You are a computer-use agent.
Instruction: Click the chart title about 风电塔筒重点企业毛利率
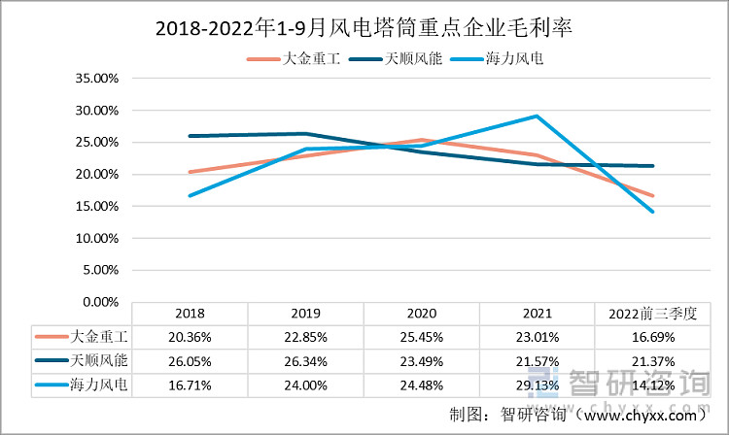(x=364, y=28)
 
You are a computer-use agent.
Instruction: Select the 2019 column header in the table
(x=305, y=314)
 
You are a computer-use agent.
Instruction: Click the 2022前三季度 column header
(x=653, y=314)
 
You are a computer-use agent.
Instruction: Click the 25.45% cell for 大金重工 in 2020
(x=421, y=337)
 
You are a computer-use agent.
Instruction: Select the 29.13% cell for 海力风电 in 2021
(x=537, y=385)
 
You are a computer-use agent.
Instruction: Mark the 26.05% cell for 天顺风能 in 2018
(x=190, y=361)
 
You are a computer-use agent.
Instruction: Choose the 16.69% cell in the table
(x=653, y=337)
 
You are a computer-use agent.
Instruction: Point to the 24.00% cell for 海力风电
(x=305, y=385)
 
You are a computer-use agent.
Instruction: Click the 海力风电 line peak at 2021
(x=537, y=117)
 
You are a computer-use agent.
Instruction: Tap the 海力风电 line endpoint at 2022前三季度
(x=652, y=212)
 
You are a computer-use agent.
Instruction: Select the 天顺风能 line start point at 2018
(x=190, y=136)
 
